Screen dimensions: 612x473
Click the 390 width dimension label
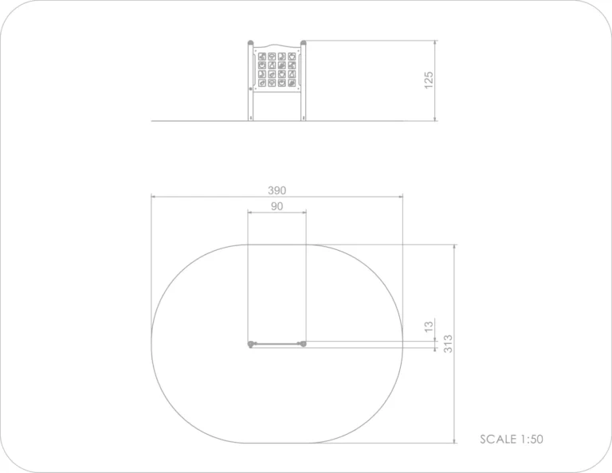(x=277, y=190)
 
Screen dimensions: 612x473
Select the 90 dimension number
(x=277, y=206)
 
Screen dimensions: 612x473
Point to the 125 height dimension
(x=429, y=80)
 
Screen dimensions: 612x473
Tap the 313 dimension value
(x=448, y=344)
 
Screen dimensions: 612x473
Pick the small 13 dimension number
(x=429, y=326)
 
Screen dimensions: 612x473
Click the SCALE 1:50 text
(x=512, y=439)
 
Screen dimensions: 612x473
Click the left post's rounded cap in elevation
(x=250, y=42)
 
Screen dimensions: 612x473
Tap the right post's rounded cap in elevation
(x=304, y=42)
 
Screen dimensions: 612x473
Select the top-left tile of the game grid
(x=262, y=57)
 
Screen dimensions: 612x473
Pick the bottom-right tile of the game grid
(x=292, y=83)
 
